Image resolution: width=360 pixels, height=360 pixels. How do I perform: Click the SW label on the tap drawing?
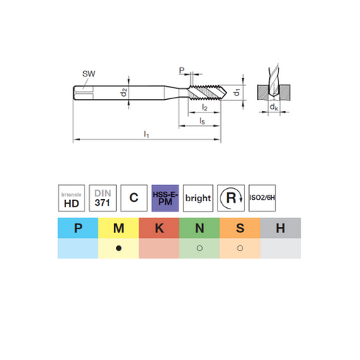[88, 73]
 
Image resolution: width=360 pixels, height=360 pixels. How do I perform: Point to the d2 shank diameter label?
[124, 93]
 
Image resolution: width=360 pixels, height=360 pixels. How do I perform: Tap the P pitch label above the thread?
[181, 71]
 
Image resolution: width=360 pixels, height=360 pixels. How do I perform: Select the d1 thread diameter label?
[237, 93]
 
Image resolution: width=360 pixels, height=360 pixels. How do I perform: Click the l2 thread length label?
[204, 107]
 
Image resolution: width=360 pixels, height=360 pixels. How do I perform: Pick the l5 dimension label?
[202, 120]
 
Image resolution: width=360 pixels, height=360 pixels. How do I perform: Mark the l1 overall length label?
[146, 134]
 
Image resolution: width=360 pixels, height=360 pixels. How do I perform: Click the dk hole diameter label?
[273, 107]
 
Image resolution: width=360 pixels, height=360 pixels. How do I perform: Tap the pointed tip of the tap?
[227, 93]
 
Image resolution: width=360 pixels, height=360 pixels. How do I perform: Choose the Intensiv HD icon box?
[71, 198]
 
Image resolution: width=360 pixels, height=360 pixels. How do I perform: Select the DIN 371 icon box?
[103, 198]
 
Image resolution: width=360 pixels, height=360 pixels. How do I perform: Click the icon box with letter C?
[134, 198]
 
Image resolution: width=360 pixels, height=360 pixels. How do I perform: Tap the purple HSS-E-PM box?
[165, 198]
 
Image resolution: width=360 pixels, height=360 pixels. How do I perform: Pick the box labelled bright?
[198, 198]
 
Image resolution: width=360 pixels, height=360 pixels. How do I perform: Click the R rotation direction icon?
[231, 198]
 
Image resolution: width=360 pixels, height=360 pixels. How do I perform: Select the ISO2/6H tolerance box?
[262, 198]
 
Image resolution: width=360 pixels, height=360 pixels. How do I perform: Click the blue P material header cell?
[78, 228]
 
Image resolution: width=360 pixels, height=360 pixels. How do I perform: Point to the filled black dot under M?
[119, 248]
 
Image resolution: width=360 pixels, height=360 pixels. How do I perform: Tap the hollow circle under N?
[200, 248]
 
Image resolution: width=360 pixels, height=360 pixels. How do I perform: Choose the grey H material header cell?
[281, 228]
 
